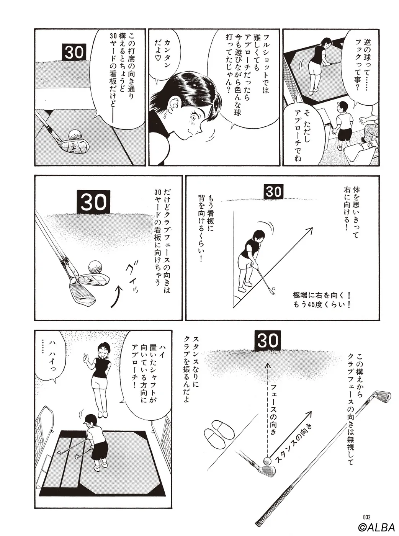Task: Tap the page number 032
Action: click(x=367, y=516)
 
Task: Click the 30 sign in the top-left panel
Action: click(x=74, y=52)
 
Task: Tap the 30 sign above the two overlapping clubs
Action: click(x=93, y=202)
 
